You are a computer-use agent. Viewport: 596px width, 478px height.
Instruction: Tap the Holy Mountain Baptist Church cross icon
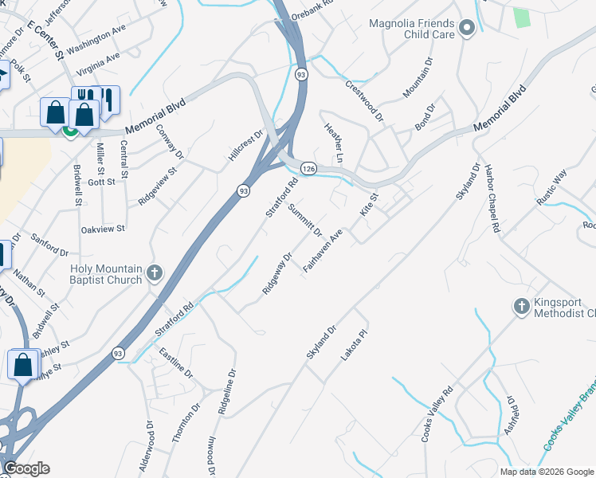pyautogui.click(x=155, y=274)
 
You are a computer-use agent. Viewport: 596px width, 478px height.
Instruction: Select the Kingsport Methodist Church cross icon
pyautogui.click(x=521, y=307)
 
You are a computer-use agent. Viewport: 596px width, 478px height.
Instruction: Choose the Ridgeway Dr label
pyautogui.click(x=278, y=273)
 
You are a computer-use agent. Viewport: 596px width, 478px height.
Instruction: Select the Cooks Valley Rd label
pyautogui.click(x=437, y=414)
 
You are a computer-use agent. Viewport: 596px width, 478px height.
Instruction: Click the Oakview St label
pyautogui.click(x=104, y=229)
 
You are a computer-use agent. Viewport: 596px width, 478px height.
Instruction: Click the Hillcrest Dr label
pyautogui.click(x=245, y=146)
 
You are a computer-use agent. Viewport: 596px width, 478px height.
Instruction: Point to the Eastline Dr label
pyautogui.click(x=176, y=362)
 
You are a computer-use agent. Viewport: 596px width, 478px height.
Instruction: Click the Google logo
pyautogui.click(x=26, y=468)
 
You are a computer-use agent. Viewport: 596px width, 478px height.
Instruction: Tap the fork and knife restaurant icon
pyautogui.click(x=106, y=100)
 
